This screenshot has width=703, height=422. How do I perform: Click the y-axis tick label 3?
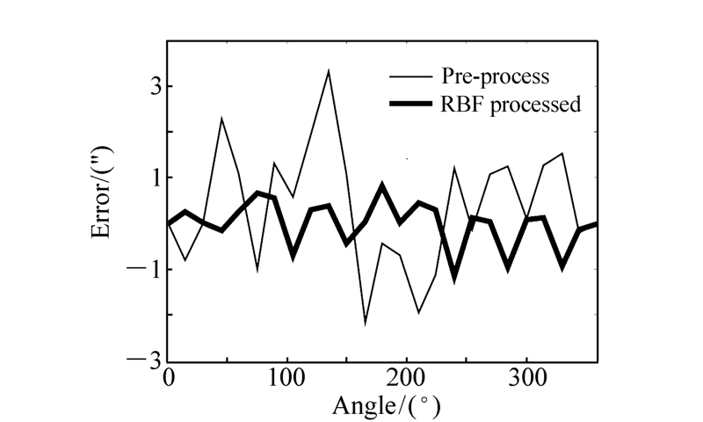point(151,86)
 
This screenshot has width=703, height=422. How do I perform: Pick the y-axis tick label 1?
point(151,178)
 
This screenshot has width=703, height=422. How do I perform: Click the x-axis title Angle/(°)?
point(385,406)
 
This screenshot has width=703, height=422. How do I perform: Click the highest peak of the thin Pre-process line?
point(329,70)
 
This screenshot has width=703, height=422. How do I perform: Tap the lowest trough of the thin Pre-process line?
point(366,324)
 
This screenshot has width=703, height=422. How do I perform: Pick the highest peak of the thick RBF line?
point(382,186)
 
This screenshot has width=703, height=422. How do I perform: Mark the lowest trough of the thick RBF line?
point(455,277)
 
